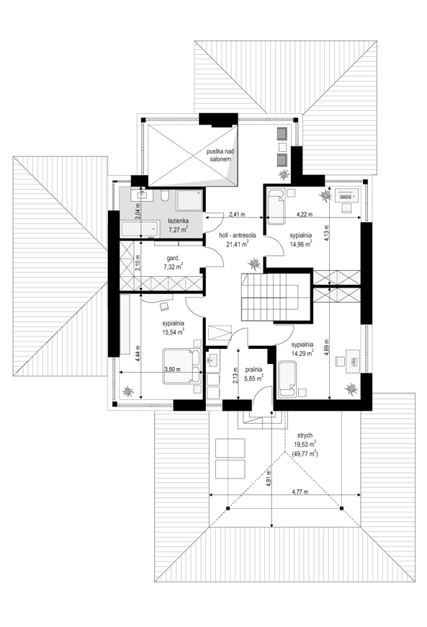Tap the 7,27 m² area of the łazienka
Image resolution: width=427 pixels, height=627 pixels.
178,229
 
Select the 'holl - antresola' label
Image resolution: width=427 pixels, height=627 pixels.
238,235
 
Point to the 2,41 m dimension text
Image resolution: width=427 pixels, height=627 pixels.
237,214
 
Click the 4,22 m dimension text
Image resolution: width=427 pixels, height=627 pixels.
305,214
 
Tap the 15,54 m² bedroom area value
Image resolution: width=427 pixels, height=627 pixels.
173,332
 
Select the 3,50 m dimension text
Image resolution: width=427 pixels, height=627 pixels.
173,370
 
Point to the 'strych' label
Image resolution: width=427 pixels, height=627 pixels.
305,435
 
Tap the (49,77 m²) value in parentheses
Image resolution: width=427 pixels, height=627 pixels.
305,454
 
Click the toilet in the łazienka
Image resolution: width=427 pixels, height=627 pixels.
165,195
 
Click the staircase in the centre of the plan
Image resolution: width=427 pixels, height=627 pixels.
271,298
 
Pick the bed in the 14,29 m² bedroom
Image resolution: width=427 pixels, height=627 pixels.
287,380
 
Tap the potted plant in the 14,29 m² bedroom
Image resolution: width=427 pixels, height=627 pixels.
351,388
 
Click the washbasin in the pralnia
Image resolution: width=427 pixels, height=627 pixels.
212,360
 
